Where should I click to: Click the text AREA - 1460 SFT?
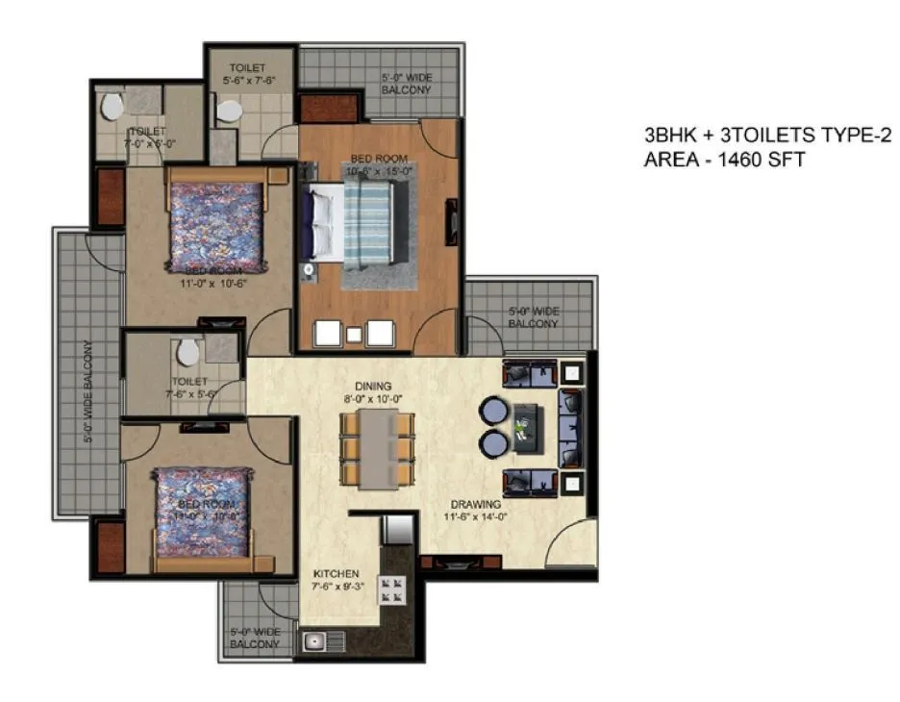(723, 159)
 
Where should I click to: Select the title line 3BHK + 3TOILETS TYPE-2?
(762, 137)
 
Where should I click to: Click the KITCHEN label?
(336, 571)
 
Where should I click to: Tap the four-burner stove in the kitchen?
(392, 589)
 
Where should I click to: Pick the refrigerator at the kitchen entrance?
(396, 530)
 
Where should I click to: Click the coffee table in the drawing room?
(527, 427)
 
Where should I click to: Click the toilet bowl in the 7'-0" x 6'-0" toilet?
(112, 106)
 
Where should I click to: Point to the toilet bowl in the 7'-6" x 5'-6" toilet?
(188, 351)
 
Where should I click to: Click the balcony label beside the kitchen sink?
(255, 638)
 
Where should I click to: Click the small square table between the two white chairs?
(354, 335)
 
